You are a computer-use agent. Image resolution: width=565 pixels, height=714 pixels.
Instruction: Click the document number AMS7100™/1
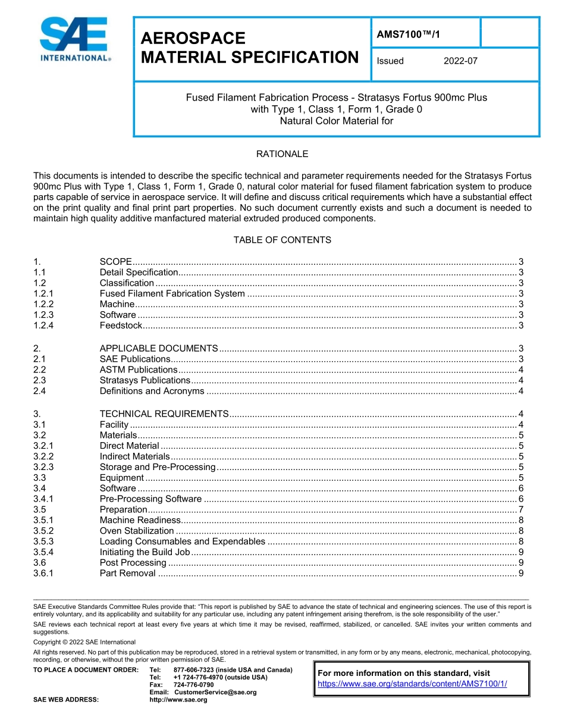409,35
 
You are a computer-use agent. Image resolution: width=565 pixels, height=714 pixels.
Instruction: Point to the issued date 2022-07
460,61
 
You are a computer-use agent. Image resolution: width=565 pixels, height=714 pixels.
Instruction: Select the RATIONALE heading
282,154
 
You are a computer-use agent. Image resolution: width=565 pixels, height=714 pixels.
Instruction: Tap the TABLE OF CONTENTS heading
282,240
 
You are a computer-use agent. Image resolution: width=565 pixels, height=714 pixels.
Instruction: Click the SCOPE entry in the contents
115,262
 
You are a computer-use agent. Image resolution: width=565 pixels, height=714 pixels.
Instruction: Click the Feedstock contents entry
121,325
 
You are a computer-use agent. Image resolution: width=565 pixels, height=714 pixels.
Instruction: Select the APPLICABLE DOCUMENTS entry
159,348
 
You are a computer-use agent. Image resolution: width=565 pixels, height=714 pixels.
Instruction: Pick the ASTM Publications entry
139,369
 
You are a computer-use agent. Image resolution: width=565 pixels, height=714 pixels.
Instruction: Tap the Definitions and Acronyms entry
152,391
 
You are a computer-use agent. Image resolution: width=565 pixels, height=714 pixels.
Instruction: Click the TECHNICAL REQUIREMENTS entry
164,414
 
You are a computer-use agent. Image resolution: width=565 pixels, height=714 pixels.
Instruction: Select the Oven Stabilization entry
137,531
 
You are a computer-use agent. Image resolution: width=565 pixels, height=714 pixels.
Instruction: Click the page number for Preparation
520,509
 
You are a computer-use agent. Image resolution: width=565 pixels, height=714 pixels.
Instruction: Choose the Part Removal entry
127,573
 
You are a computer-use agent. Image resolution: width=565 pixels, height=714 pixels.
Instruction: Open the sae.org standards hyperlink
412,684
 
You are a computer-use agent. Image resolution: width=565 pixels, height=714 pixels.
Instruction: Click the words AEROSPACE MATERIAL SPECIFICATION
249,48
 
